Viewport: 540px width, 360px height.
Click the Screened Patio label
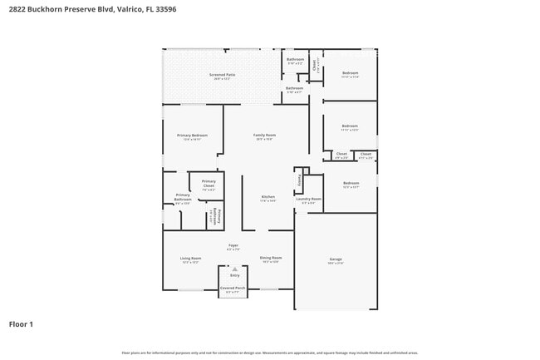tap(223, 75)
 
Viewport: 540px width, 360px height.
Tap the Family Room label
tap(265, 135)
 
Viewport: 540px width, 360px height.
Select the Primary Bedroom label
tap(192, 136)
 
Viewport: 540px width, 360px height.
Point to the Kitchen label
tap(268, 196)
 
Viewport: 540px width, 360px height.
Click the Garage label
tap(335, 259)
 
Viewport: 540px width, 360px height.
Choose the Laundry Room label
tap(308, 199)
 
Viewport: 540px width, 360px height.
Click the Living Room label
tap(191, 259)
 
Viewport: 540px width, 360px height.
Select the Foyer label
tap(234, 245)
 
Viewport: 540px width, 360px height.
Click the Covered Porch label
tap(232, 288)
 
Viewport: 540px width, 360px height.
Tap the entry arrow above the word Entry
tap(234, 269)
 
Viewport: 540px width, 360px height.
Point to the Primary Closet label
tap(209, 183)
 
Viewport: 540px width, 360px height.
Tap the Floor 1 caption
tap(21, 323)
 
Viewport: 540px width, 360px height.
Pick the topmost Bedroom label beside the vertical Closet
tap(351, 73)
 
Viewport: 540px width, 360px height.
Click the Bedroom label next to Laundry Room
tap(351, 183)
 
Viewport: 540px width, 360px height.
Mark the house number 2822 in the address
tap(17, 8)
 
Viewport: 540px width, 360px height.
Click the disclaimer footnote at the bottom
tap(270, 353)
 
